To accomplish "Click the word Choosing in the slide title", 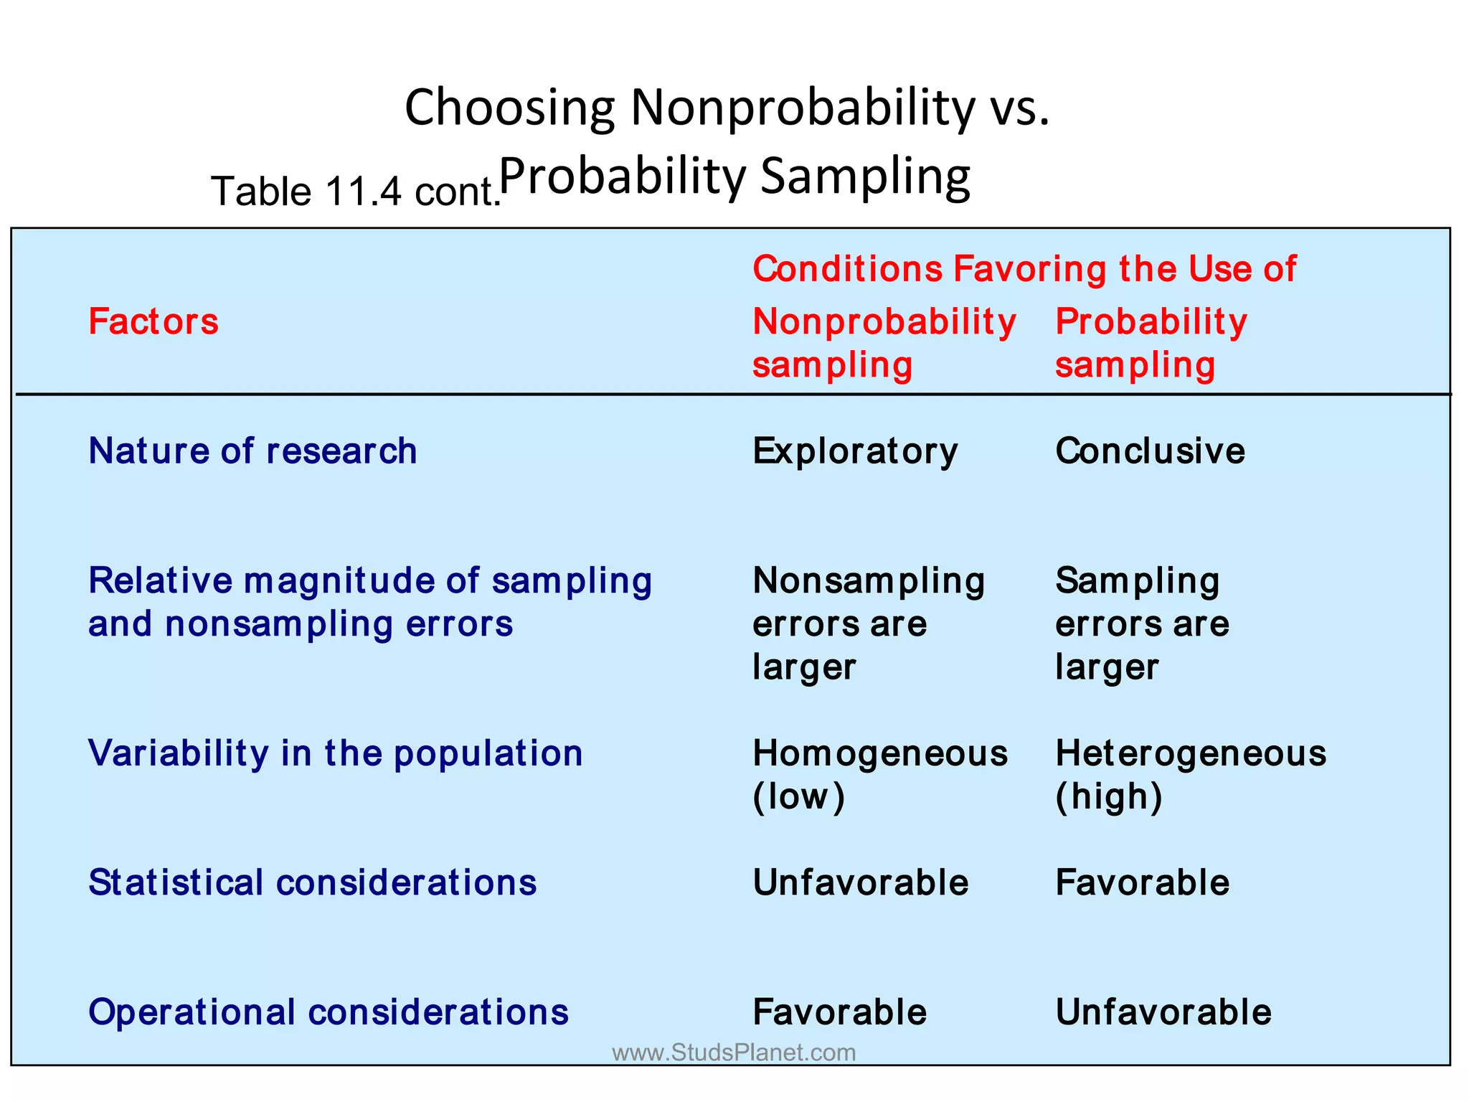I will (x=509, y=108).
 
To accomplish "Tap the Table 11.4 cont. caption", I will (x=355, y=192).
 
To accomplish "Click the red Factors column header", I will (x=153, y=321).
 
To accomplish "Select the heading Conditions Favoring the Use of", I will (x=1024, y=269).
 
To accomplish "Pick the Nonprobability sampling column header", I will (x=884, y=343).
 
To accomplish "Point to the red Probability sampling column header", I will (x=1151, y=343).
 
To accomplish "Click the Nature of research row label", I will (x=252, y=451).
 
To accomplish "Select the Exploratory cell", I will (x=855, y=451).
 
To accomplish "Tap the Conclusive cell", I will (x=1150, y=451).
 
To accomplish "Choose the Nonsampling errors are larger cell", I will (x=868, y=623).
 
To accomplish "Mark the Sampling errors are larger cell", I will (x=1142, y=623).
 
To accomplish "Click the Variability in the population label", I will (x=335, y=753).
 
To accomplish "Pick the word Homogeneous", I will (x=880, y=753).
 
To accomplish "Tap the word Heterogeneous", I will (x=1191, y=753).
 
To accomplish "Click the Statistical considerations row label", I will (x=312, y=882).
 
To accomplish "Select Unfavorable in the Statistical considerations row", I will (x=860, y=882).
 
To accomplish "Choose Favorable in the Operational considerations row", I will (x=839, y=1012).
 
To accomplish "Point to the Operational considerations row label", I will (x=328, y=1012).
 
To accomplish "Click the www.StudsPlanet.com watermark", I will (x=734, y=1052).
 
